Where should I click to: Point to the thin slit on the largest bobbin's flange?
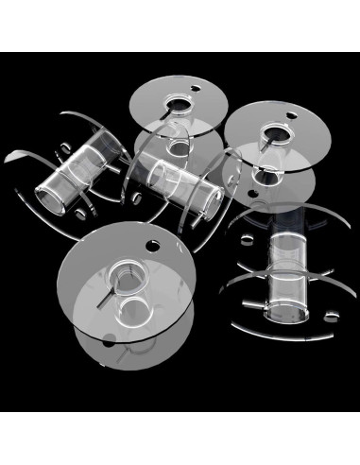click(x=100, y=303)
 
